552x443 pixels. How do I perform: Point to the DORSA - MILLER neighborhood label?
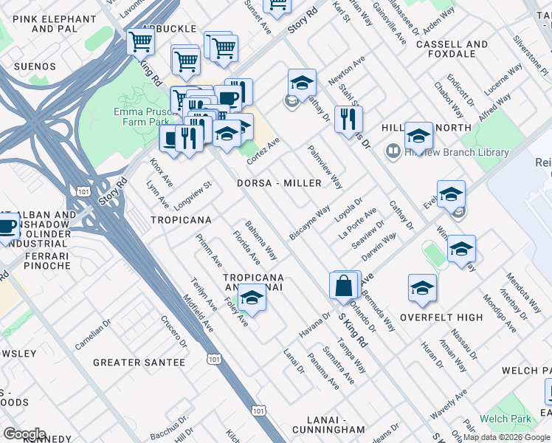pos(279,183)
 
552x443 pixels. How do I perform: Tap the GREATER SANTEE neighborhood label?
pos(139,363)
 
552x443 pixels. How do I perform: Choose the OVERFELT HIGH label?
pos(441,317)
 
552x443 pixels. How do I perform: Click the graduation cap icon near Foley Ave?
pos(252,298)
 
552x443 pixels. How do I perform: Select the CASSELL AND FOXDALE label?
pos(452,49)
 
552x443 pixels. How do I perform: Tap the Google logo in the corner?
pos(24,434)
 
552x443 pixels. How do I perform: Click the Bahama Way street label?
pos(261,240)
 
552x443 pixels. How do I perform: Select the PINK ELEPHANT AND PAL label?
pos(44,23)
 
